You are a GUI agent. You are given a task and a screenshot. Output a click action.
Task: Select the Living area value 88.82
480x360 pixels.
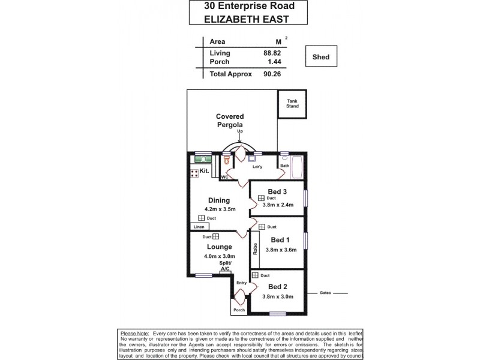(272, 52)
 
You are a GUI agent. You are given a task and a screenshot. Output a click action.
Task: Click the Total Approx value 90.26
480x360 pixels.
(272, 74)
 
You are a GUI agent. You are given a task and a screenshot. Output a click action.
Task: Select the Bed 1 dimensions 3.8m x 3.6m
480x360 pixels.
(280, 250)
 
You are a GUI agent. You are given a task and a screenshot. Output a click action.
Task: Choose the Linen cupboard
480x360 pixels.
(199, 227)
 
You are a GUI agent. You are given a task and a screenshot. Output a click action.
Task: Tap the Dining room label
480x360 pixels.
(219, 200)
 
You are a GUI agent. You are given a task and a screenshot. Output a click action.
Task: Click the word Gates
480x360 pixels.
(326, 293)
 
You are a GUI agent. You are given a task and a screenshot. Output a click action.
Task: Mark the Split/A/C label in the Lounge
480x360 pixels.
(225, 267)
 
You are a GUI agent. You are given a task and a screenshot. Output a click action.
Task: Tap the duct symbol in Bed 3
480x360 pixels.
(262, 198)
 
